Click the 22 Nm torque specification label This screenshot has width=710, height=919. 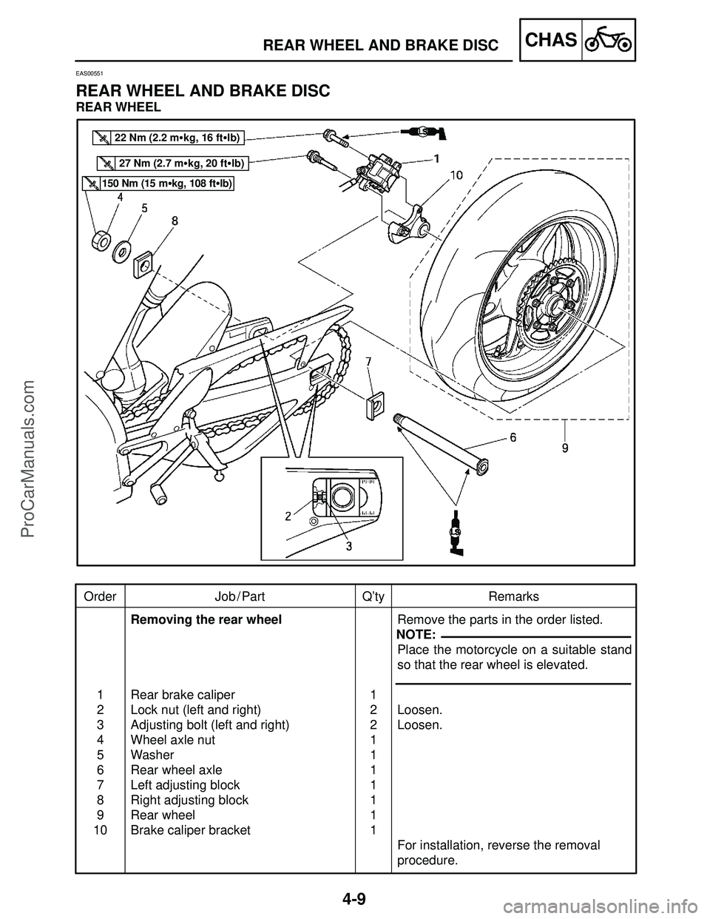pyautogui.click(x=171, y=136)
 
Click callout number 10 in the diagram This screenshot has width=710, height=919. pyautogui.click(x=456, y=175)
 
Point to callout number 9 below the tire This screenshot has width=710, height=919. pyautogui.click(x=565, y=448)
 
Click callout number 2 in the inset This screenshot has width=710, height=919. pyautogui.click(x=288, y=517)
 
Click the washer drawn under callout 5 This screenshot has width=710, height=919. pyautogui.click(x=121, y=251)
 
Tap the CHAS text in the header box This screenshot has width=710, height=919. pyautogui.click(x=550, y=40)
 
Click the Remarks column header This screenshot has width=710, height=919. pyautogui.click(x=513, y=596)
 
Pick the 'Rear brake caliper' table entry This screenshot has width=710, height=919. pyautogui.click(x=183, y=695)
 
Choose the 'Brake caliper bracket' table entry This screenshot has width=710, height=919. pyautogui.click(x=190, y=830)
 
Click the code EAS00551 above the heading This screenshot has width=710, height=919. pyautogui.click(x=91, y=74)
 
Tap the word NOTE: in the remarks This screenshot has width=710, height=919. pyautogui.click(x=416, y=636)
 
